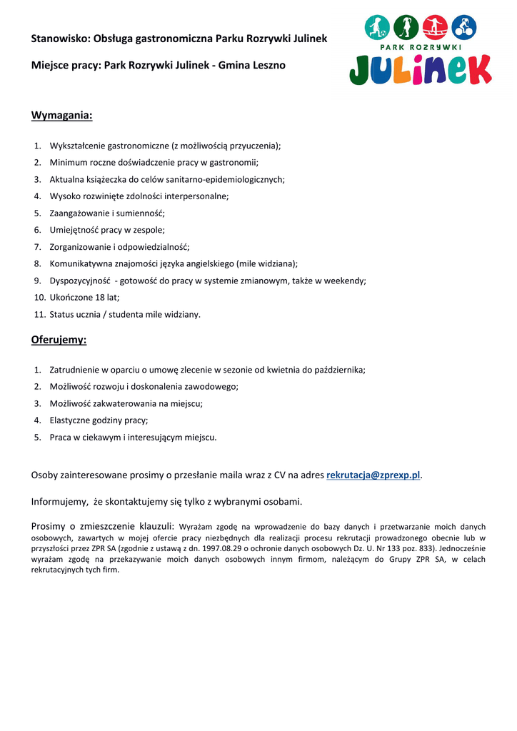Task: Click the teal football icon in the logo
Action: [377, 28]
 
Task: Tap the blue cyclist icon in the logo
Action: [464, 28]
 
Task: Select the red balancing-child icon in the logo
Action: [435, 28]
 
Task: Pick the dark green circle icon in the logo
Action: [406, 28]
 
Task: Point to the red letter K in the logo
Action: [475, 70]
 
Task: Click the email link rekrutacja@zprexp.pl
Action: [373, 475]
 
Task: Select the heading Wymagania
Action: [61, 116]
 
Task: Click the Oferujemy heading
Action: [59, 340]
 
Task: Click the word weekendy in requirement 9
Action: [344, 281]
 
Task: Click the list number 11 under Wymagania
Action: [40, 314]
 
